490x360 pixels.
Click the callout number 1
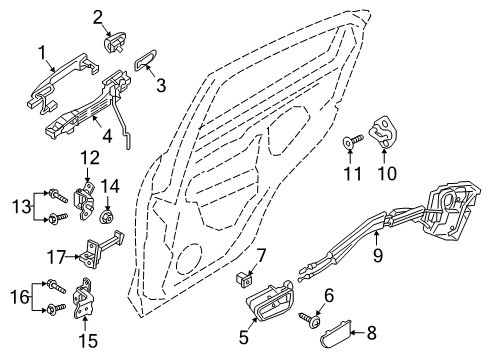pos(43,51)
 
